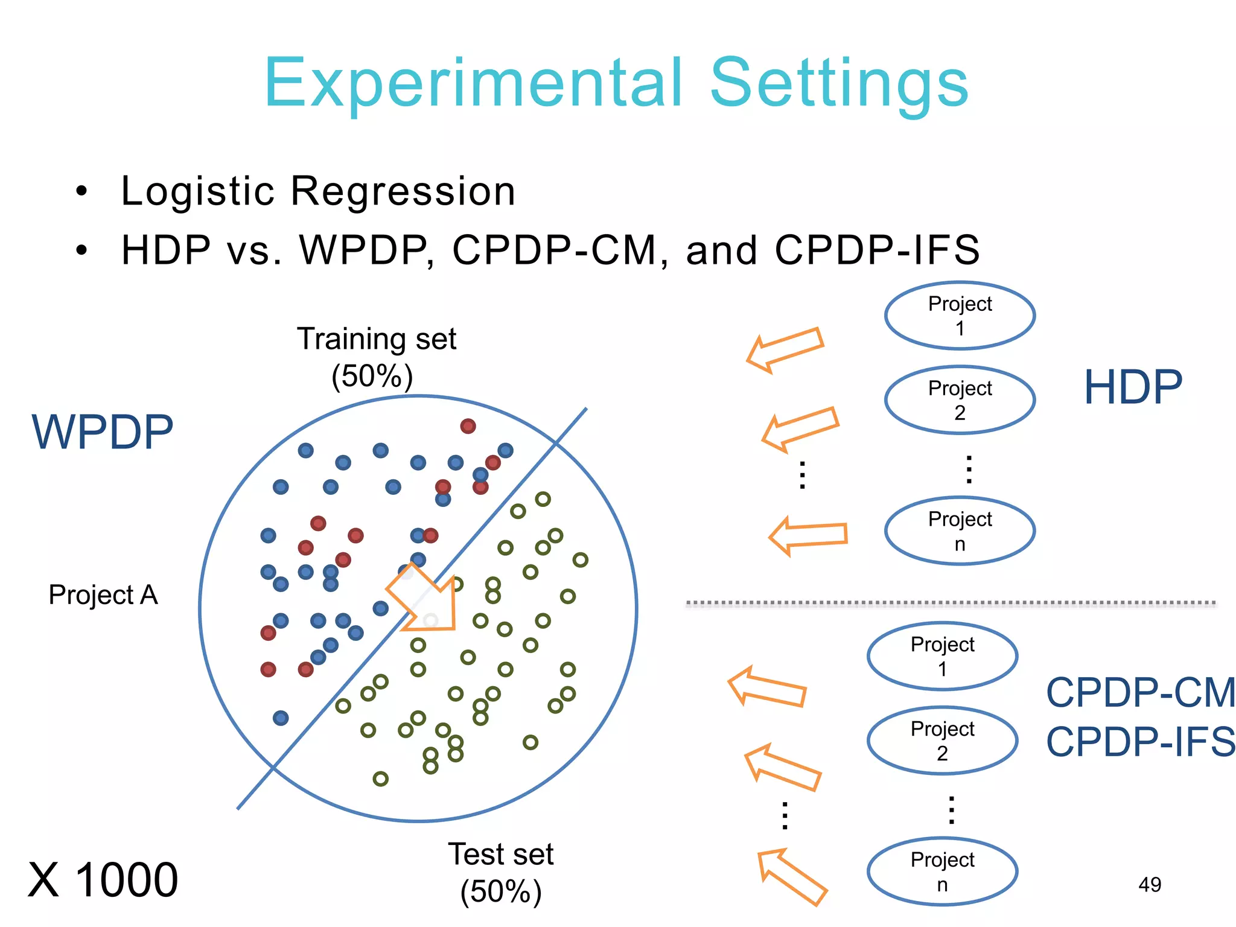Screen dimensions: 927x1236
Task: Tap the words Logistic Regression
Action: pos(318,191)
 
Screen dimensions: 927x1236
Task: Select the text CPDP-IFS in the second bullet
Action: pos(876,250)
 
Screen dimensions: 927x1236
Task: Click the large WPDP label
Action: pos(103,432)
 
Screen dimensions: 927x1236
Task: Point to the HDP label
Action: pos(1133,387)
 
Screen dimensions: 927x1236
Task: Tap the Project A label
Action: pos(103,595)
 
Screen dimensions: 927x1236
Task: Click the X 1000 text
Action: pos(103,880)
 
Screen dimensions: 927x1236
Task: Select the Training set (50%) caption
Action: pos(375,357)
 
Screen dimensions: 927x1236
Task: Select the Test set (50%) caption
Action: pos(500,873)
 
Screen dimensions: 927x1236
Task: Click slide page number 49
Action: pos(1149,885)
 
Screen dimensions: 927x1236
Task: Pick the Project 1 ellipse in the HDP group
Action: pos(960,316)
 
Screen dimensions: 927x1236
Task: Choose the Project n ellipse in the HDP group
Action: pos(960,531)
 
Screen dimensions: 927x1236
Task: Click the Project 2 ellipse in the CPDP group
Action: pos(942,741)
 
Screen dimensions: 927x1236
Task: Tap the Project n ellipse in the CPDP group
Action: pos(942,871)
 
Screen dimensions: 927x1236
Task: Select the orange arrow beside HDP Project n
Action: pos(809,535)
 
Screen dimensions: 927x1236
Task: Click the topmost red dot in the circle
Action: pos(468,426)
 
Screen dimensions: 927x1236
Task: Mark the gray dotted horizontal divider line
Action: pos(951,603)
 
